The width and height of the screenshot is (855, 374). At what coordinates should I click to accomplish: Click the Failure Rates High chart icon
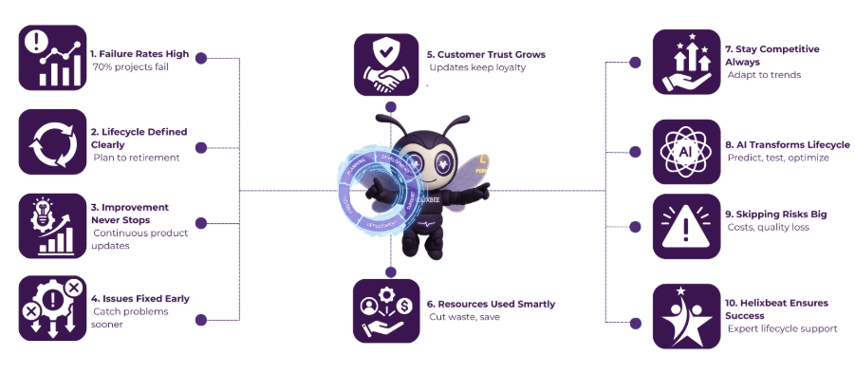click(x=51, y=58)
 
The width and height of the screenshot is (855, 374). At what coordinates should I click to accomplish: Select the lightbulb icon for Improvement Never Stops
click(x=51, y=225)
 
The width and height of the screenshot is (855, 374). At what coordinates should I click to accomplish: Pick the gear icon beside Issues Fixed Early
click(x=51, y=309)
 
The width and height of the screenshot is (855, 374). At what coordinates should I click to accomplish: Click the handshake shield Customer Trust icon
click(x=386, y=65)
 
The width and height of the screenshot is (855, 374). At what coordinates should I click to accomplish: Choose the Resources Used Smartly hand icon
click(x=385, y=310)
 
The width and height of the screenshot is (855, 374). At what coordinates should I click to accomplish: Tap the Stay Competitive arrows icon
click(x=686, y=62)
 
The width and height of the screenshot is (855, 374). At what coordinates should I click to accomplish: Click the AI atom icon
click(x=686, y=151)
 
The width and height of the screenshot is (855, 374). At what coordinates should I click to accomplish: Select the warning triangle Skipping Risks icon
click(x=686, y=226)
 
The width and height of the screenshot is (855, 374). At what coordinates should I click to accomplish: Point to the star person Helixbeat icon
click(x=686, y=315)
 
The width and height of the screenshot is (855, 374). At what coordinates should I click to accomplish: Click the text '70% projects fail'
click(x=131, y=68)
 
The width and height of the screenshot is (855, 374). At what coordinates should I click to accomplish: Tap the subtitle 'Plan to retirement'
click(x=136, y=158)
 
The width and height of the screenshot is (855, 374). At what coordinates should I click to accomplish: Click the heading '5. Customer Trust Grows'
click(x=485, y=54)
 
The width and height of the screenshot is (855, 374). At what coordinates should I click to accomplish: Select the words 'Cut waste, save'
click(x=464, y=317)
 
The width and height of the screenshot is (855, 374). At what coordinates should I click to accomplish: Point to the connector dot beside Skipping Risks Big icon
click(x=636, y=227)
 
